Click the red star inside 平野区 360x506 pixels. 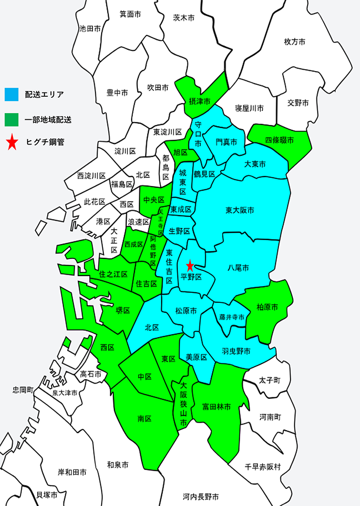(190, 265)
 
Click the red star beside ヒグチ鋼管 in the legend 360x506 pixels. (11, 143)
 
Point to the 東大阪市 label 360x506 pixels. (240, 210)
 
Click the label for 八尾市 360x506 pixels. (238, 268)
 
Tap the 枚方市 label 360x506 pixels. (294, 41)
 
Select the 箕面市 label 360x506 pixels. (130, 14)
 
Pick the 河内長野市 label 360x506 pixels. (200, 496)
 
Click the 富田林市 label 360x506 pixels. (216, 407)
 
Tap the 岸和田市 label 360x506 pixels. (72, 472)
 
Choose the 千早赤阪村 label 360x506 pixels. (263, 466)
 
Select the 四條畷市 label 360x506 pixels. (279, 140)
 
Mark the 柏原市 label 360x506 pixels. (267, 307)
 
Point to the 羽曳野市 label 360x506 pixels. (236, 351)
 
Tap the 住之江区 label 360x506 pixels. (113, 274)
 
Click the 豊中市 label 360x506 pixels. (117, 93)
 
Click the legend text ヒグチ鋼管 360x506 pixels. (46, 143)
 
